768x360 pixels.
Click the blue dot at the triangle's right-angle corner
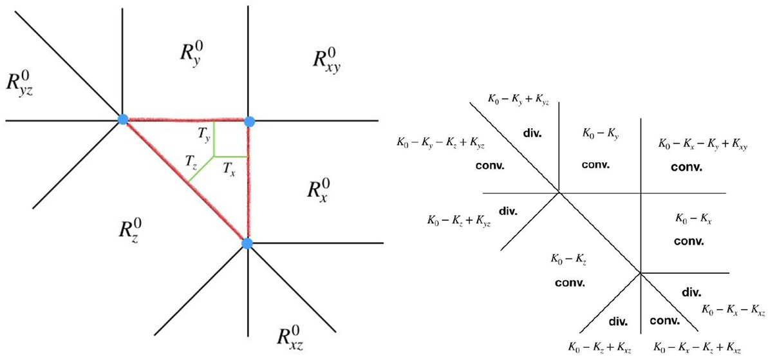[250, 120]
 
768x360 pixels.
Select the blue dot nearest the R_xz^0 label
[247, 243]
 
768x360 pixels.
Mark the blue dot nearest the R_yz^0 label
[123, 119]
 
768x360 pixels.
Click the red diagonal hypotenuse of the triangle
[185, 181]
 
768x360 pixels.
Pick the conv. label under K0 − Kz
[569, 282]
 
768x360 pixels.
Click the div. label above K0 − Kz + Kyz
[509, 210]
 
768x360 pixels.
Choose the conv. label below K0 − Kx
[688, 242]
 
